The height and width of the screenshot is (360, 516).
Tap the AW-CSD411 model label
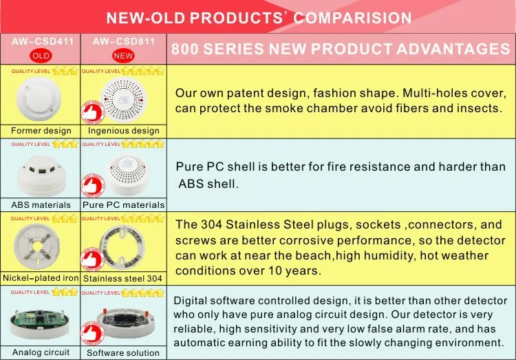41,41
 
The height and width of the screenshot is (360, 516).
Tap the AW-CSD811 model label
123,41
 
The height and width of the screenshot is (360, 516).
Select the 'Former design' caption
41,130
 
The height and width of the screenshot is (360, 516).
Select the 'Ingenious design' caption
124,131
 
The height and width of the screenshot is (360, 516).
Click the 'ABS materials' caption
41,204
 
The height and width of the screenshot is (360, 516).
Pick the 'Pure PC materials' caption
124,204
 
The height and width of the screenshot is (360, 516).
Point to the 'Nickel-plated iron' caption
41,278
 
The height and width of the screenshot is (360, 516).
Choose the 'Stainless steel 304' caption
124,279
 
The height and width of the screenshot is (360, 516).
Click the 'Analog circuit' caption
41,352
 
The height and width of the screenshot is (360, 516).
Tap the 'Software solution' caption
124,352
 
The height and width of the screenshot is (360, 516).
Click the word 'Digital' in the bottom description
193,301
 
